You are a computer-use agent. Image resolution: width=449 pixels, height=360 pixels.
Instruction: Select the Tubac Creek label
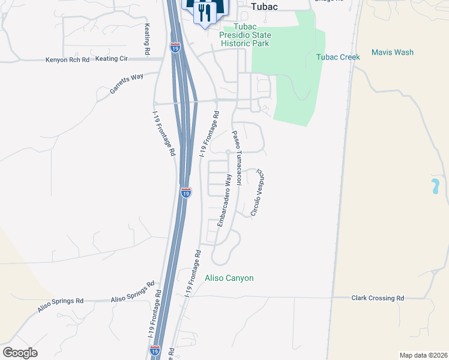coord(338,57)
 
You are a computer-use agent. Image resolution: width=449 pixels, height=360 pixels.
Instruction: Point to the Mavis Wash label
coord(393,52)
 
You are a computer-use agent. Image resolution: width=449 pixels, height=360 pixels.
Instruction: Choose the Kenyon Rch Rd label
coord(67,60)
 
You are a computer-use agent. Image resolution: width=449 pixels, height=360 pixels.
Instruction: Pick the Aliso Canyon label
coord(229,278)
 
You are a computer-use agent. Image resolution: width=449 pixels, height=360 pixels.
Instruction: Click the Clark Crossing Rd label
coord(378,298)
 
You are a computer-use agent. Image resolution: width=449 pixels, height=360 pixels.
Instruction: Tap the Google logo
coord(20,352)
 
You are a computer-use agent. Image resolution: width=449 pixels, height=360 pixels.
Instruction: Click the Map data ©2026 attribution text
coord(423,355)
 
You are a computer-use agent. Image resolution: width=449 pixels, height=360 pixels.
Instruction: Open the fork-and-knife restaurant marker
coord(204,11)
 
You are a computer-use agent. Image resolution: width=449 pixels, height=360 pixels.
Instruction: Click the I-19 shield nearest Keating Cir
coord(175,47)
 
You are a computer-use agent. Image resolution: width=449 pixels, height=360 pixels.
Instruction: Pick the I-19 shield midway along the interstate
coord(186,193)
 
